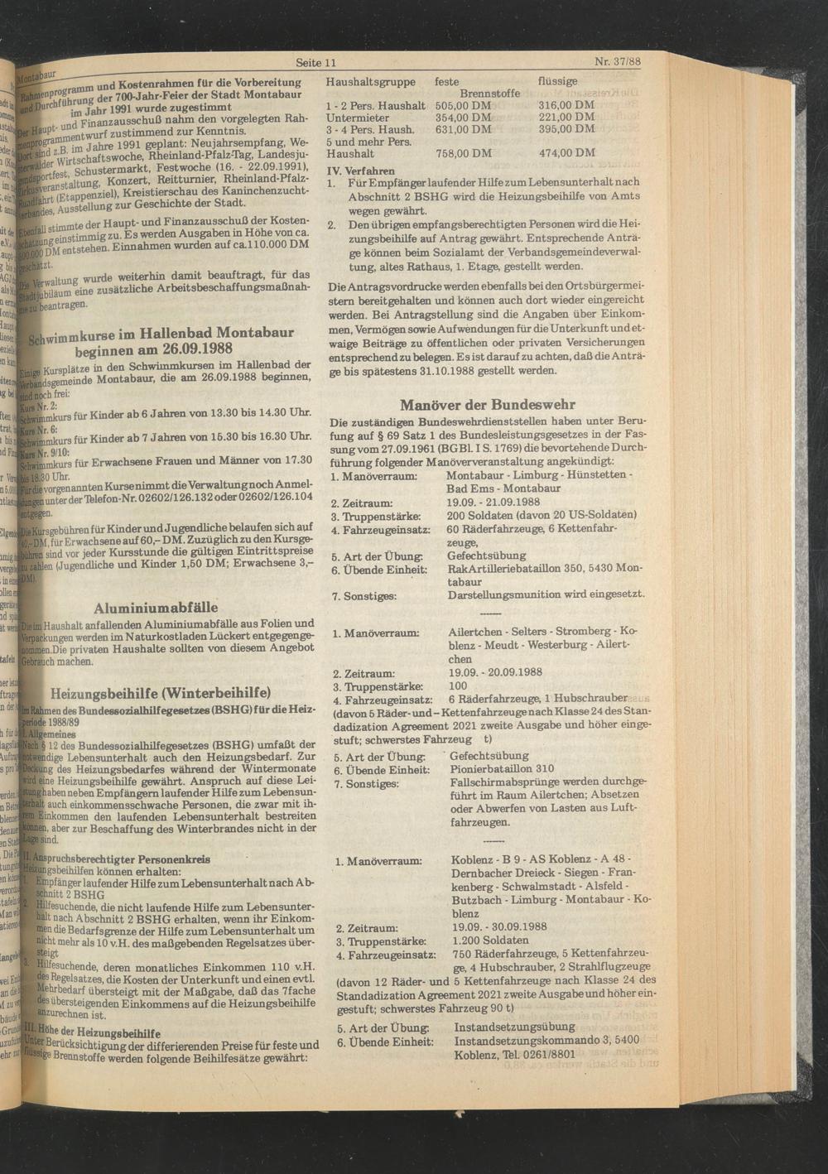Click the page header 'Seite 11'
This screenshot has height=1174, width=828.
click(315, 63)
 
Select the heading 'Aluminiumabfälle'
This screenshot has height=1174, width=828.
click(156, 607)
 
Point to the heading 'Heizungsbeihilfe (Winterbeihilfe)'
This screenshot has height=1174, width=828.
click(161, 693)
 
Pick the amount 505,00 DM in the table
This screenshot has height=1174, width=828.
click(463, 106)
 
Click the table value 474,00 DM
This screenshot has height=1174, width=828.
click(566, 153)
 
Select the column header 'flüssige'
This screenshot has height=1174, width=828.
click(560, 83)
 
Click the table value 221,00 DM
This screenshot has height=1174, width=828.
click(566, 118)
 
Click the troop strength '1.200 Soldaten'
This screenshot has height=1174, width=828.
click(491, 941)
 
